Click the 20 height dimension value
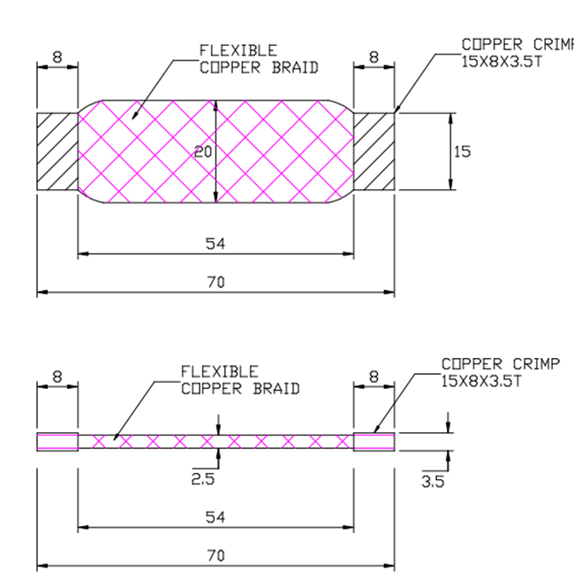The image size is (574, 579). point(203,152)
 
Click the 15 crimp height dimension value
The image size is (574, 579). point(462,152)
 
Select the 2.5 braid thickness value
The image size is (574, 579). point(203,479)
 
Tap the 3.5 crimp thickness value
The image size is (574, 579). point(433,482)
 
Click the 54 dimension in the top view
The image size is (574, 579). point(215,244)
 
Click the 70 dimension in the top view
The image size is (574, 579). point(215,282)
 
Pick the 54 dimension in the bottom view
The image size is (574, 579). point(215,517)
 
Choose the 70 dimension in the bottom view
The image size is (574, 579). point(215,555)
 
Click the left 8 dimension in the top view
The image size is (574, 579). point(57,57)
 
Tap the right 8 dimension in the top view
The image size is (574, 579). point(374,57)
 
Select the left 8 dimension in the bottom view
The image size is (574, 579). point(57,377)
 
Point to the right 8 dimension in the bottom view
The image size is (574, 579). point(374,377)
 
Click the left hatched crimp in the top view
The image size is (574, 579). point(57,152)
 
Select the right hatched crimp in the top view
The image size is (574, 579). point(374,152)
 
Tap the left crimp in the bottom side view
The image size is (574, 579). point(57,442)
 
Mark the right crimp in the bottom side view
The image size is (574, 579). point(374,442)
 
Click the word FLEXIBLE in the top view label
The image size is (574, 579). point(238,50)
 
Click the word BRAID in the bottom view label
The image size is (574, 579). point(276,389)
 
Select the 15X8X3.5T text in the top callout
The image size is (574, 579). point(502,62)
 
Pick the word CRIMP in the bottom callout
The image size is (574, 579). point(536,364)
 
